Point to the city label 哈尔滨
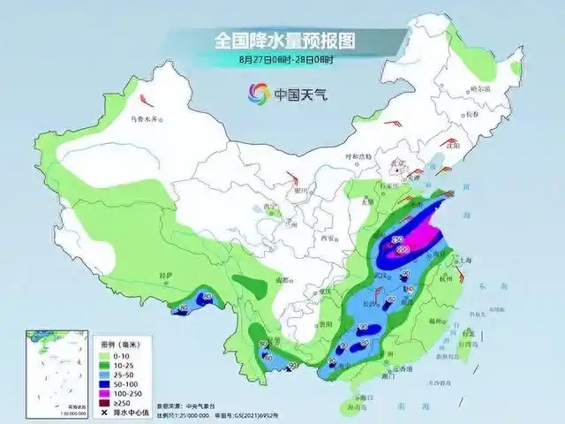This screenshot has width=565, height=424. point(479,88)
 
